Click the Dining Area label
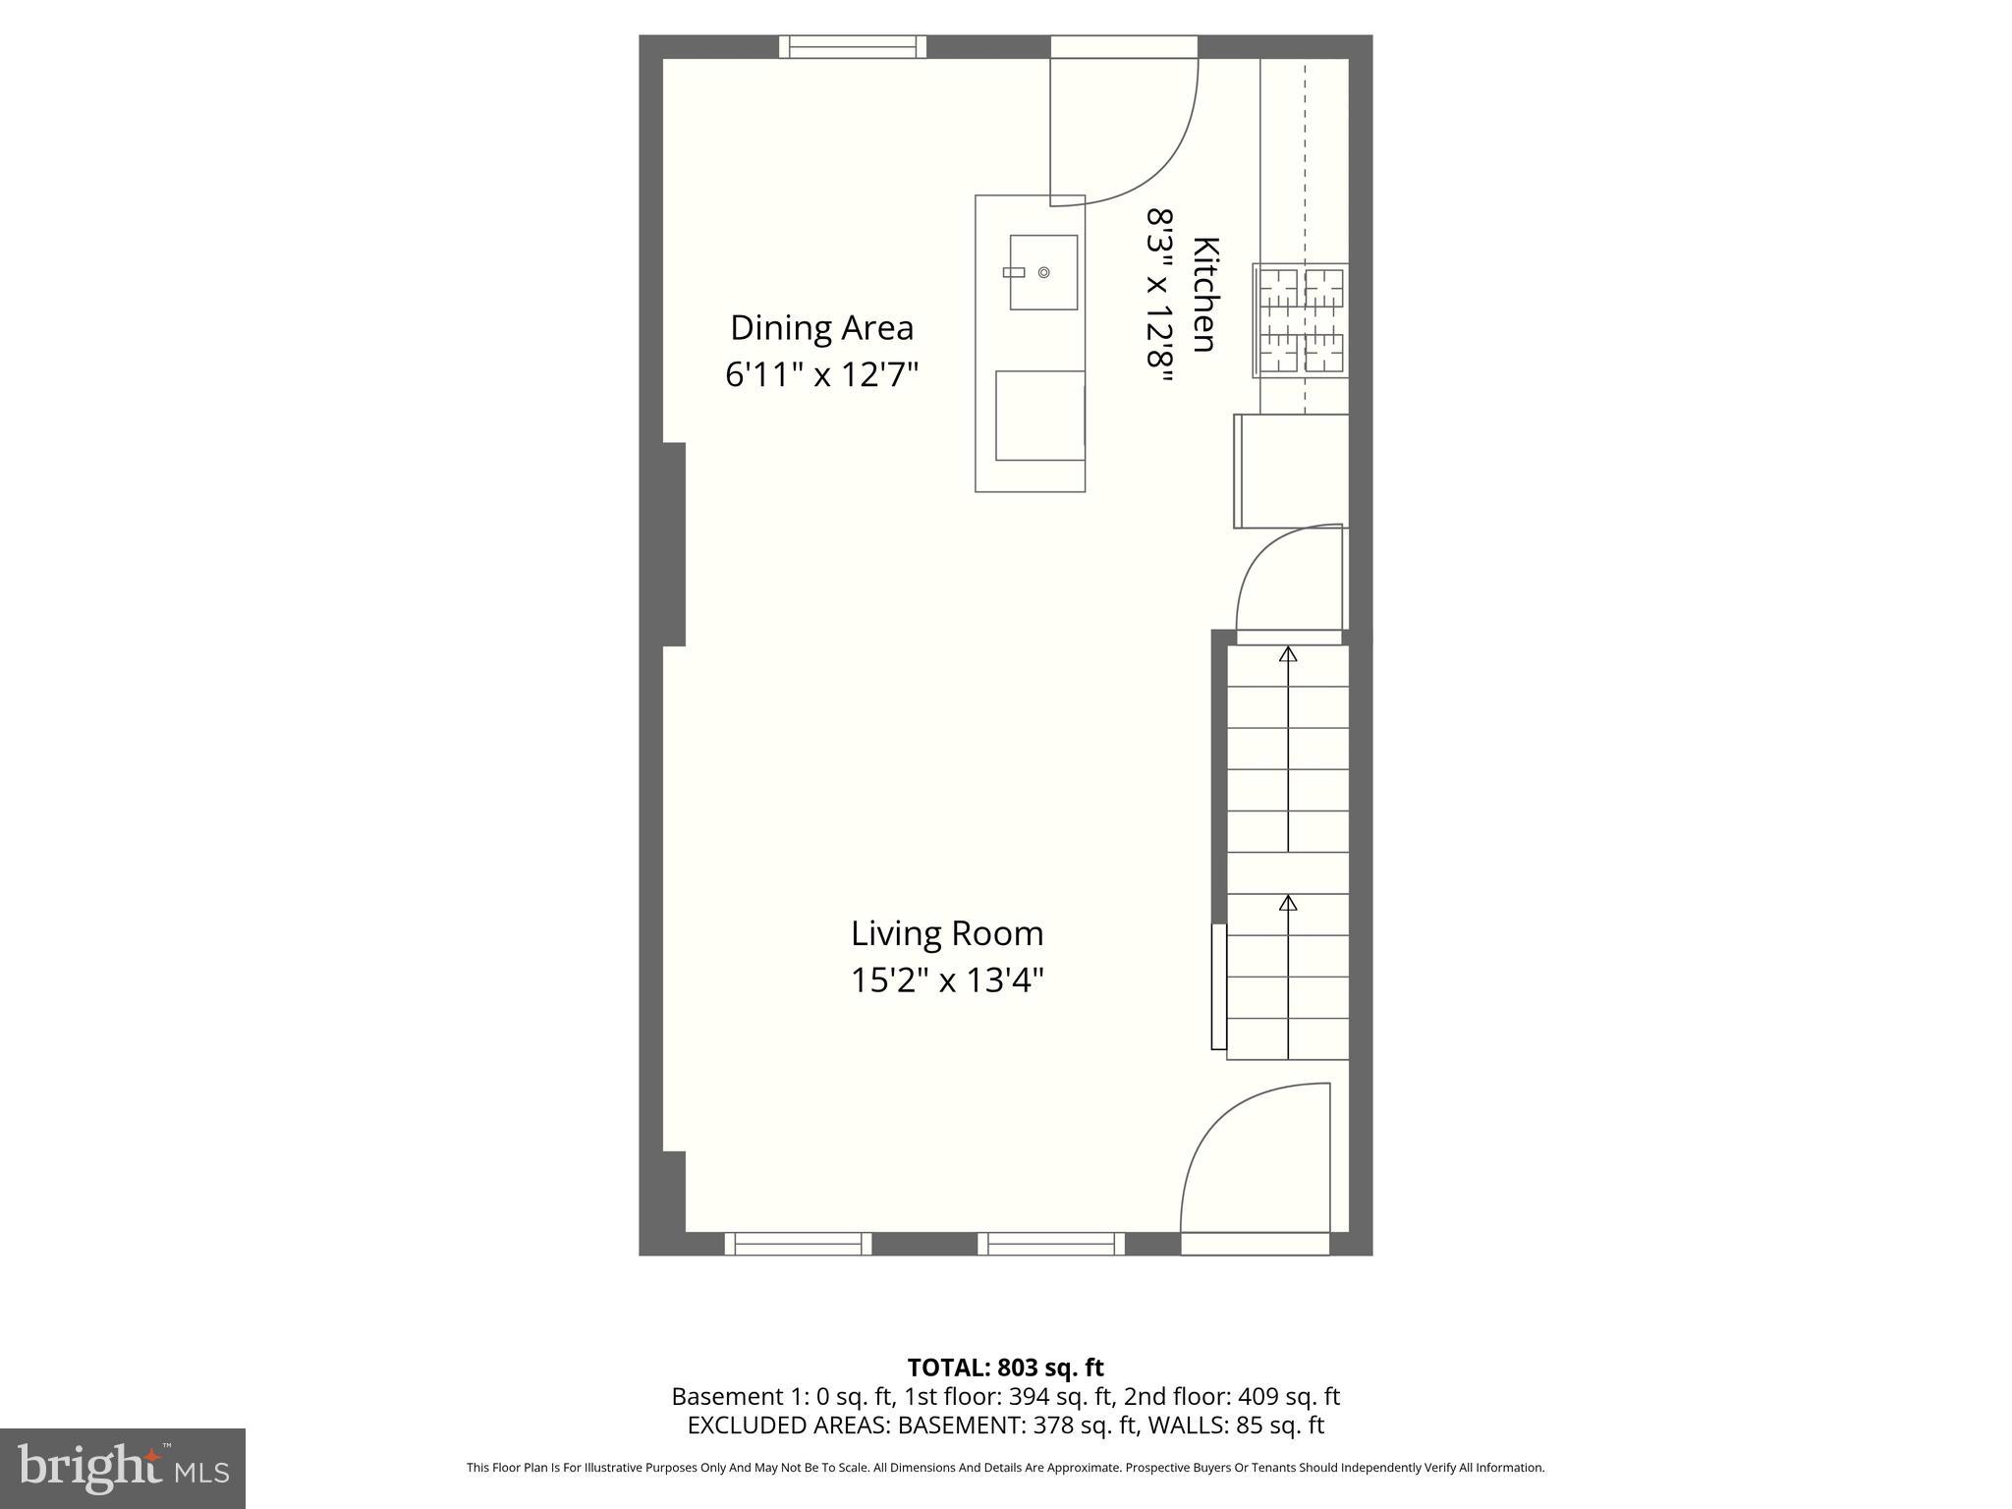(821, 327)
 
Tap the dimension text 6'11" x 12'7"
(821, 374)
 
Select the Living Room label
(947, 933)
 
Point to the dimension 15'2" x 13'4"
(947, 980)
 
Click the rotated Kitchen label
(1205, 294)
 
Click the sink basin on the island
(1043, 272)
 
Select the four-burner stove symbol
(1301, 320)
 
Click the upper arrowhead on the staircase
(1288, 654)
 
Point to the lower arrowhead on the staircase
(1288, 902)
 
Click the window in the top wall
(853, 46)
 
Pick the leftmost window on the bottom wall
(798, 1244)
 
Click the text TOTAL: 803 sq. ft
(1005, 1368)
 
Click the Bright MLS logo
(122, 1468)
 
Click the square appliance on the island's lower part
(1039, 415)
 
